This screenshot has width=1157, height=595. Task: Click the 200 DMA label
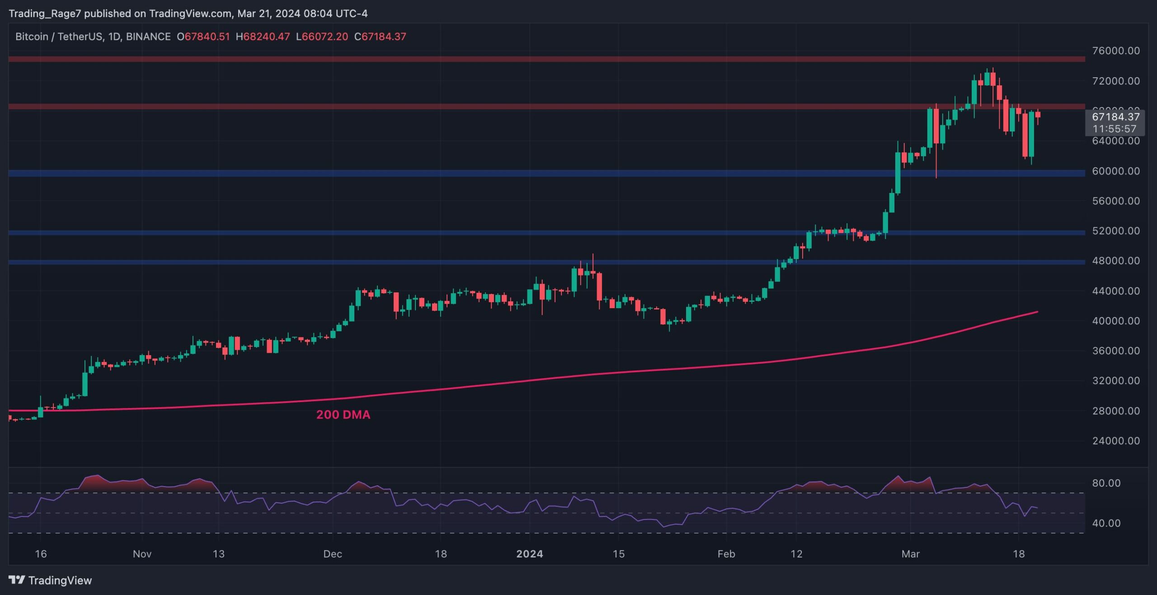[343, 414]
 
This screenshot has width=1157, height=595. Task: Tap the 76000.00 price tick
[1115, 51]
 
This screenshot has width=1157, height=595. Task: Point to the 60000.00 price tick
[1115, 171]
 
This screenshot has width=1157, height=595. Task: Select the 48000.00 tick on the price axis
[1115, 261]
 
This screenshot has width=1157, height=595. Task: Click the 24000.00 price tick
[1115, 440]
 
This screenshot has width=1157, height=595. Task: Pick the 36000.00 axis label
[1115, 351]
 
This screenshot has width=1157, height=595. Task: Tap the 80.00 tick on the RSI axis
[1106, 483]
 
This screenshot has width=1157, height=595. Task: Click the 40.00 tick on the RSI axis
[1106, 523]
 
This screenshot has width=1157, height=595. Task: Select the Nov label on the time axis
[142, 554]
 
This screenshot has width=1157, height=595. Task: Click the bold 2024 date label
[529, 554]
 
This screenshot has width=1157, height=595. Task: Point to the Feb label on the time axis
[726, 554]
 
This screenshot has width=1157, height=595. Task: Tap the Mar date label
[910, 554]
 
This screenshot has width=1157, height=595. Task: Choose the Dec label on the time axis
[333, 554]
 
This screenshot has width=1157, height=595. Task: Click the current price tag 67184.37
[1115, 117]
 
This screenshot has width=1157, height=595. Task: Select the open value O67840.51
[203, 37]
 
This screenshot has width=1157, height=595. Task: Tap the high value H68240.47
[263, 37]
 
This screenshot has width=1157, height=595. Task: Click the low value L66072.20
[322, 37]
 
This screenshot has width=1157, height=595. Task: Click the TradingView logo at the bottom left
[50, 580]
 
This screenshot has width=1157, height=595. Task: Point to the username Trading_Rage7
[45, 14]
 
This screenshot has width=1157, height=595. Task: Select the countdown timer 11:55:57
[1114, 129]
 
